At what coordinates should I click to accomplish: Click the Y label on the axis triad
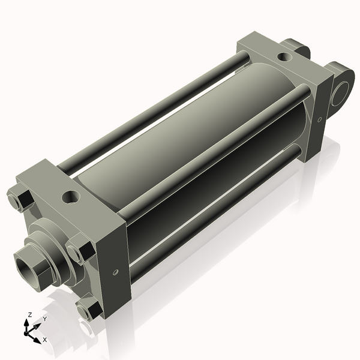coord(44,319)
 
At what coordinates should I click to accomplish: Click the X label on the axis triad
coord(45,340)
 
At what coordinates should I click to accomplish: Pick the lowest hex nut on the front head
coord(89,310)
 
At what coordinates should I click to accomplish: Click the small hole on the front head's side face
coord(114,272)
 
